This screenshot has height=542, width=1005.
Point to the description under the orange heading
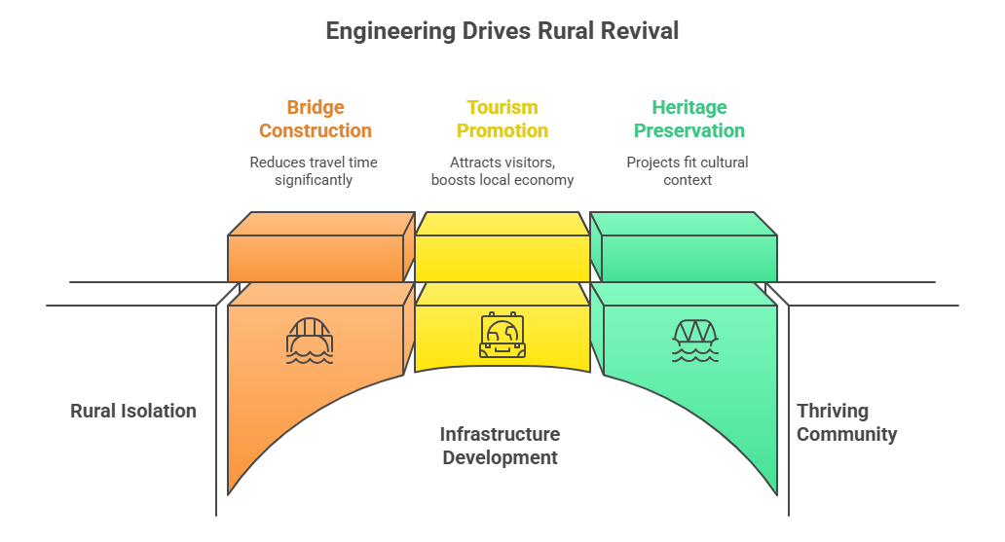pos(314,171)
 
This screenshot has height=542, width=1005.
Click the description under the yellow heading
pos(502,171)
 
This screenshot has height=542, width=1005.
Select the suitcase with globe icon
pos(502,336)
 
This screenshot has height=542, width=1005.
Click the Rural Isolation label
pos(141,412)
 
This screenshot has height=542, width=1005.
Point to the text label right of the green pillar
pos(845,428)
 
